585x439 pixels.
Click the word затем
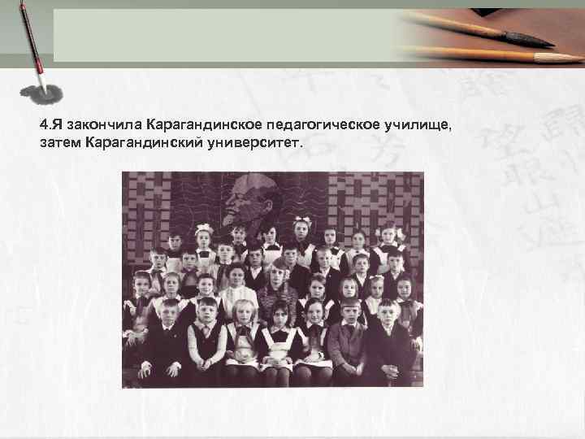pyautogui.click(x=59, y=143)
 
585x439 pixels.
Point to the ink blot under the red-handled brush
pyautogui.click(x=41, y=93)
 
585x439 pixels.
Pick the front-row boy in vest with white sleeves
pyautogui.click(x=207, y=333)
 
